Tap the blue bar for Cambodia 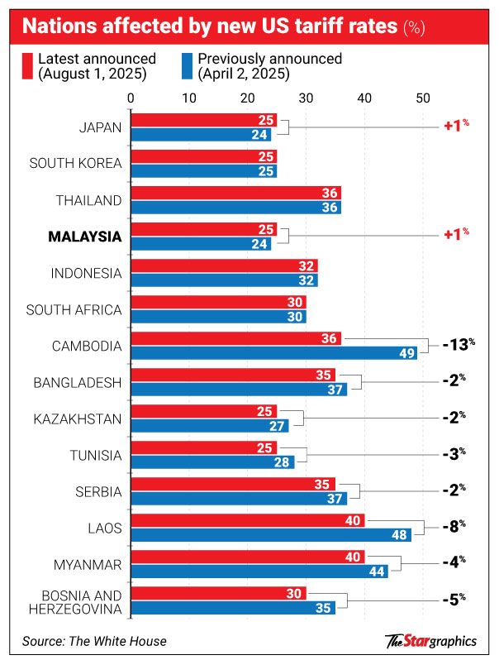point(273,352)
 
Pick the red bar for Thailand point(235,193)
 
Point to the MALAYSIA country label point(85,237)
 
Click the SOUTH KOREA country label point(76,163)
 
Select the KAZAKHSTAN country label point(78,419)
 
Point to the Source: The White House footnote point(94,640)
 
